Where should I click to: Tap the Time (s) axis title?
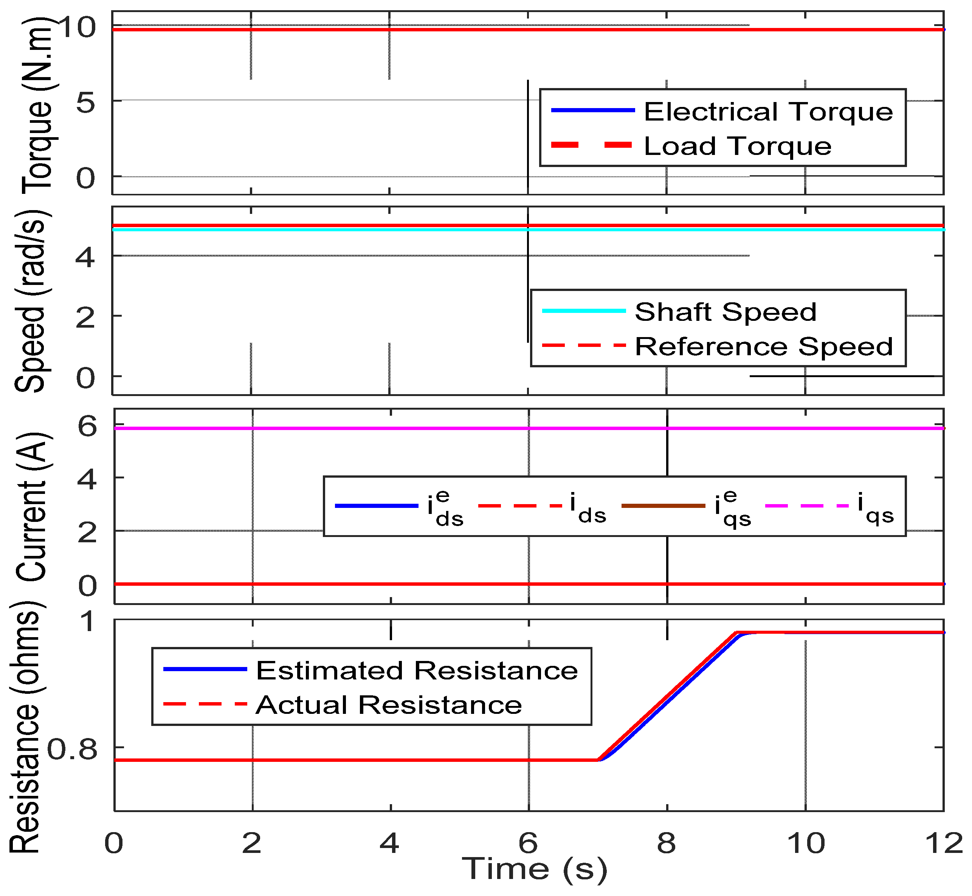535,868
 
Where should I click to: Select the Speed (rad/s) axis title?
30,300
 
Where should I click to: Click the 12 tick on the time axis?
943,843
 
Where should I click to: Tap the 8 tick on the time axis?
667,843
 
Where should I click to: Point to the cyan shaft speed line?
340,230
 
